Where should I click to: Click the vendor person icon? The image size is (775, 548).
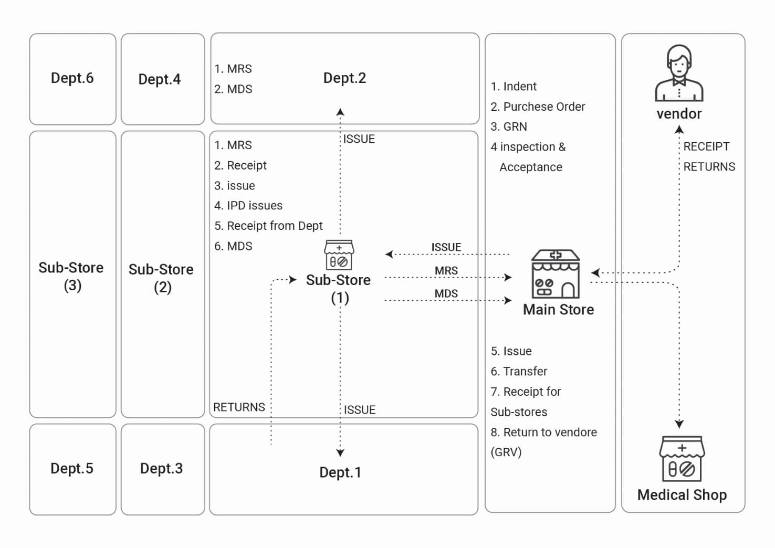tap(679, 73)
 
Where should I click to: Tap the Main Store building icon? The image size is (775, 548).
tap(556, 274)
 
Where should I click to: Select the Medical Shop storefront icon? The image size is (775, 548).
tap(682, 458)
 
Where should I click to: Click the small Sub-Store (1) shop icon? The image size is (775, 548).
tap(339, 255)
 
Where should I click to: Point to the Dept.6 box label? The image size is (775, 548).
tap(72, 78)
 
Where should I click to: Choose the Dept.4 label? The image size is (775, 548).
tap(159, 79)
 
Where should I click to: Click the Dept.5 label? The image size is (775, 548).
tap(72, 468)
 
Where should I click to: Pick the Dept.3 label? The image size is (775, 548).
tap(161, 468)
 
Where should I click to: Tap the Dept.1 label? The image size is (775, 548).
tap(340, 472)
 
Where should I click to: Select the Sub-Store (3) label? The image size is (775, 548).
tap(71, 277)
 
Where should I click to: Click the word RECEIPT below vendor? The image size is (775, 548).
tap(706, 146)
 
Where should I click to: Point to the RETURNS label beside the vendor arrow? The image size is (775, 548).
tap(709, 167)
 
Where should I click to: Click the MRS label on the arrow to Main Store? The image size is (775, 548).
tap(446, 270)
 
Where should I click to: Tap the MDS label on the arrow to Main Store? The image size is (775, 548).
tap(446, 293)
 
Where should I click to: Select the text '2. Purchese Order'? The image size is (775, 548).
tap(538, 107)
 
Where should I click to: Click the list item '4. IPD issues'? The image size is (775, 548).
tap(248, 206)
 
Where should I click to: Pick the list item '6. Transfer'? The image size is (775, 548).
tap(519, 372)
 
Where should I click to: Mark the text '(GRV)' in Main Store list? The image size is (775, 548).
tap(506, 452)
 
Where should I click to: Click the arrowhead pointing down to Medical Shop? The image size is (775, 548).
tap(679, 424)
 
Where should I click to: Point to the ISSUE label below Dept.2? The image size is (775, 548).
tap(359, 139)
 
